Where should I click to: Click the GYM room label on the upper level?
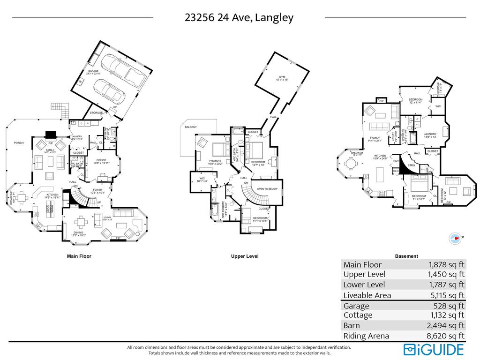(282, 76)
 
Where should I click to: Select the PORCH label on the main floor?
(19, 143)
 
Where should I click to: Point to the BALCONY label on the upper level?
(191, 127)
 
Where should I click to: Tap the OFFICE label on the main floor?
(101, 160)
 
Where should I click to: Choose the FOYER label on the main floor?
(97, 189)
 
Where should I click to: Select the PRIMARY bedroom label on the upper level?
(215, 161)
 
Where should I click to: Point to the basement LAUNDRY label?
(430, 134)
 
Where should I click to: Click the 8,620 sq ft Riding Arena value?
(447, 336)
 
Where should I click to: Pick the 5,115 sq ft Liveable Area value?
(447, 295)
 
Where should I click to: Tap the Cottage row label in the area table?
(358, 315)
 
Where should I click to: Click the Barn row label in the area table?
(352, 326)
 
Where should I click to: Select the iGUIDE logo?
(434, 349)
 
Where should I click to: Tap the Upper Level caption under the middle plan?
(245, 256)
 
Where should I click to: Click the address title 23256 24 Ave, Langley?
(239, 18)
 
